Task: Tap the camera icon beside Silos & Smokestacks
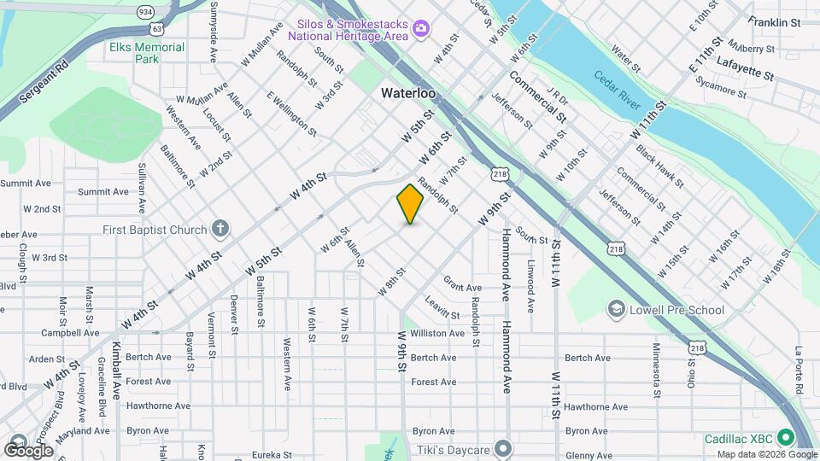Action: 420,30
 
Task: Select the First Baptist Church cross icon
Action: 220,229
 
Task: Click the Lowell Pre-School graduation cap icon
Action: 616,310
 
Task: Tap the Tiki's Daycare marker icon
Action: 504,449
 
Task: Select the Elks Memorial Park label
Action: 147,53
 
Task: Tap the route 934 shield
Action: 145,12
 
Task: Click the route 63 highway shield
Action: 158,27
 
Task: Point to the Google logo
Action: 28,450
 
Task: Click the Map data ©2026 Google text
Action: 767,454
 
